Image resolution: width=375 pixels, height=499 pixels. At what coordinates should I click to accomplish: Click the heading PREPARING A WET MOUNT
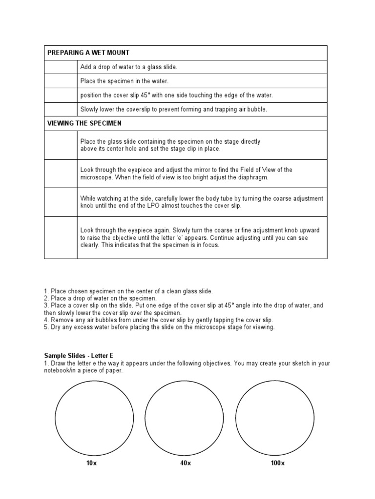(88, 53)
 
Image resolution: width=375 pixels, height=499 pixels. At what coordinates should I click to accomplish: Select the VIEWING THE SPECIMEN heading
(84, 123)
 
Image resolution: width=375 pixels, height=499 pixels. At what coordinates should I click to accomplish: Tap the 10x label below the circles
(91, 463)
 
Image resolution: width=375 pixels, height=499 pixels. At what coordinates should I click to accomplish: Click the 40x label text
(185, 463)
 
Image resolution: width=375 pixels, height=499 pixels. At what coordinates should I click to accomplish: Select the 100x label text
(277, 463)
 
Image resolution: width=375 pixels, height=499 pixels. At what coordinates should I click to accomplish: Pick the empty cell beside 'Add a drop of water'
(61, 67)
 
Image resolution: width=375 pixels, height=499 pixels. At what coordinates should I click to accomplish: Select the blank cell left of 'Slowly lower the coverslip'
(61, 109)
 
